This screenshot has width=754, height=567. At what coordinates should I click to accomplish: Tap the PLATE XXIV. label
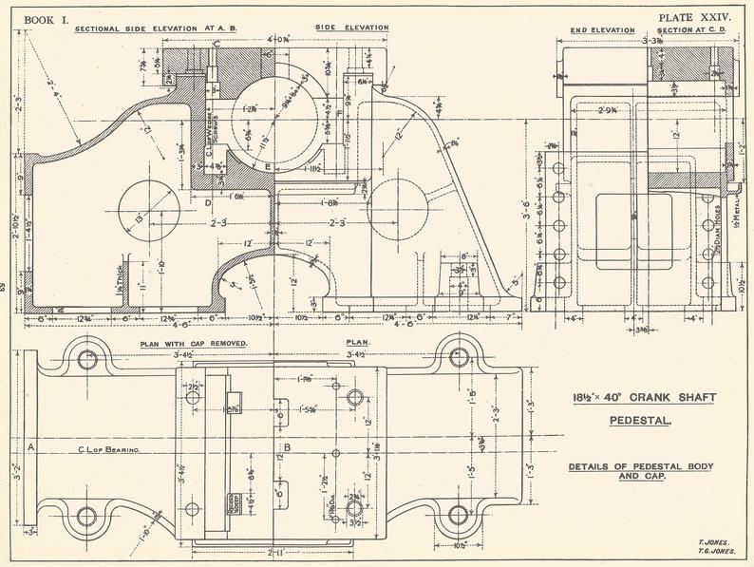tap(694, 16)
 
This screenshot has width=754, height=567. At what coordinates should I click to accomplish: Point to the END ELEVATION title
tap(602, 30)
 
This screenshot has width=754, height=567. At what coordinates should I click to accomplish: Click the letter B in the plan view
tap(289, 444)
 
